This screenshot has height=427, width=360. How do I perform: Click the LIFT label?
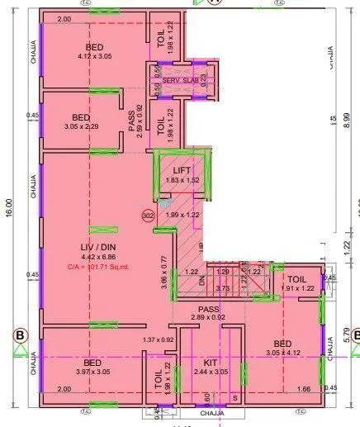[182, 169]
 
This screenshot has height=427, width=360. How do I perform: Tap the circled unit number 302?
[149, 215]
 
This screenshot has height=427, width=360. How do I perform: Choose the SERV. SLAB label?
[181, 80]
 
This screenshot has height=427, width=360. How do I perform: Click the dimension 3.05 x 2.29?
[82, 126]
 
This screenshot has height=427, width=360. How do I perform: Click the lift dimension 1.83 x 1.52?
[182, 179]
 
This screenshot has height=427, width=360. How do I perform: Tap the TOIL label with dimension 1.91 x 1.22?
[296, 279]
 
